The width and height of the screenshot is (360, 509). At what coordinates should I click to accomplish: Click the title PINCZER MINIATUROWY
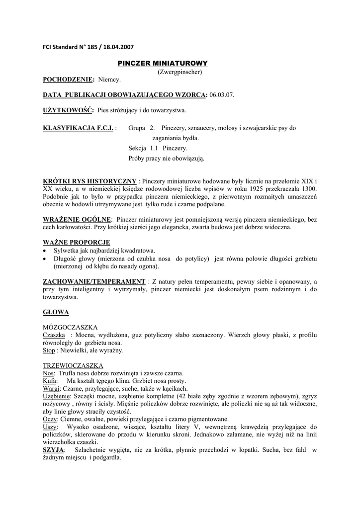tap(162, 64)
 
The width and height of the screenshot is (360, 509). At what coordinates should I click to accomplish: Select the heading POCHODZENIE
tap(68, 80)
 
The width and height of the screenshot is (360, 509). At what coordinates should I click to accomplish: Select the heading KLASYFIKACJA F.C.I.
tap(79, 128)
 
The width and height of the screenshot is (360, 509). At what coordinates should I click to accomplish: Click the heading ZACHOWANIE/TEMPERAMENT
tap(93, 281)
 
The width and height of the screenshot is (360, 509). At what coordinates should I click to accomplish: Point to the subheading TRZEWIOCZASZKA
tap(73, 365)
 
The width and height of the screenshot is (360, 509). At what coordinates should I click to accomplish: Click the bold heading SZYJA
tap(54, 450)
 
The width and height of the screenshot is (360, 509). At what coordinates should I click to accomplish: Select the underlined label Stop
tap(49, 350)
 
